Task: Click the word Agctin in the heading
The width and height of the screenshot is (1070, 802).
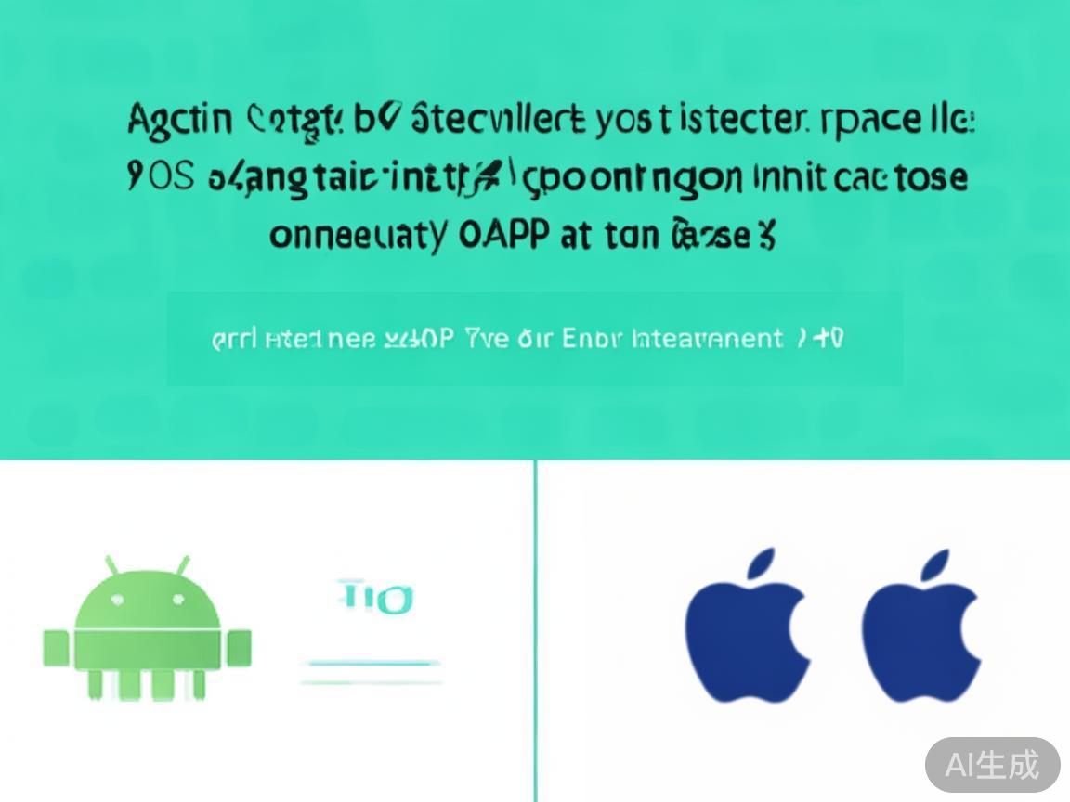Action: pos(178,121)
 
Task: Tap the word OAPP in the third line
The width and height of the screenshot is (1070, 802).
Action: pos(502,236)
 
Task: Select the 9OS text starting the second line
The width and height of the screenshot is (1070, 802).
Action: pos(160,177)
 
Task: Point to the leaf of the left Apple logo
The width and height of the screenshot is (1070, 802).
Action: pos(763,565)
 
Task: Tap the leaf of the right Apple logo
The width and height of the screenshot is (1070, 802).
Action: pos(936,565)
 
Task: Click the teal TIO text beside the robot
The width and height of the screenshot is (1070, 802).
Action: pos(375,599)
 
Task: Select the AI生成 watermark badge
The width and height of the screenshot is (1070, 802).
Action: pos(992,765)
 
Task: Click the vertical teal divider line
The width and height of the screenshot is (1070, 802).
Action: pos(535,631)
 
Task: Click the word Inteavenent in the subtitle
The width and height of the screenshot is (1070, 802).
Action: pos(706,339)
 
